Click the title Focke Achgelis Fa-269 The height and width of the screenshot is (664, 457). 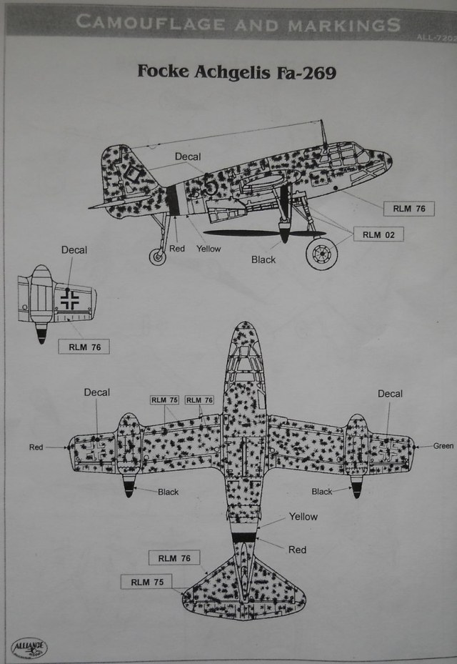(236, 73)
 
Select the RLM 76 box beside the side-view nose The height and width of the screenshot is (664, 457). (409, 209)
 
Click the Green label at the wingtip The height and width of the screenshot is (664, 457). (443, 446)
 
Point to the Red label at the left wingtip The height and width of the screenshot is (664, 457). (36, 447)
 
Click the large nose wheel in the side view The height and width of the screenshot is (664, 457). (321, 253)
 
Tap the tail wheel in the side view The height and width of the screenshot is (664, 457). (158, 255)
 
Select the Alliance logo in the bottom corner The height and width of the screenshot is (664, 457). (30, 647)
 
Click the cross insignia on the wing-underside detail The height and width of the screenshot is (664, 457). (69, 299)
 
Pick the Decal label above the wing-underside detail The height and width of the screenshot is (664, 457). (74, 250)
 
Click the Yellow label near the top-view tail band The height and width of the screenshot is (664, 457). (303, 517)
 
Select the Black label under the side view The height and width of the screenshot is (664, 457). (263, 259)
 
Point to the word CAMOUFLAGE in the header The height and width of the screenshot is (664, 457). (149, 22)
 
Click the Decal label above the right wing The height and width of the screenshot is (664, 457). (390, 394)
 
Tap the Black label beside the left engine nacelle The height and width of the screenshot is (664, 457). (168, 492)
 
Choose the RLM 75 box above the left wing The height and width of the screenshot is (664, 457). (164, 400)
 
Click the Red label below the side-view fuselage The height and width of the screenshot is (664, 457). (178, 249)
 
